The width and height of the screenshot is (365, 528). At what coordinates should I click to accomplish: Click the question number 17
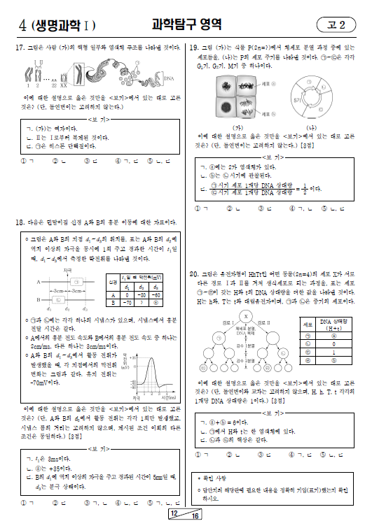(x=20, y=48)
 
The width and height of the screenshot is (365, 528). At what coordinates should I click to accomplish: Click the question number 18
(x=20, y=222)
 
